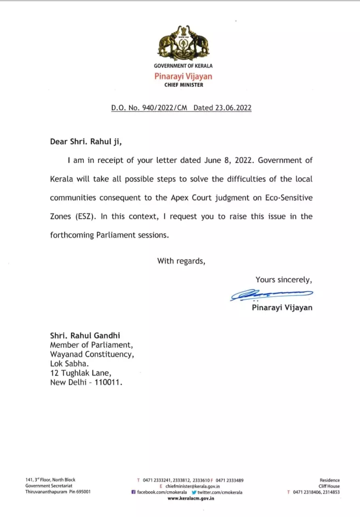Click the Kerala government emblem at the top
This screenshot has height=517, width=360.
tap(183, 43)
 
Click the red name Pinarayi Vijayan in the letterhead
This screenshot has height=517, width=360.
tap(183, 76)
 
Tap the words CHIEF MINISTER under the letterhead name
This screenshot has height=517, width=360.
tap(183, 85)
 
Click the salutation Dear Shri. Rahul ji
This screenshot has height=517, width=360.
tap(86, 141)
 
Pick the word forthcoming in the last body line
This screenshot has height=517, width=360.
tap(72, 235)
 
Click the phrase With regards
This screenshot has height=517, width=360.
tap(181, 261)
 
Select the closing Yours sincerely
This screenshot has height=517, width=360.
tap(284, 280)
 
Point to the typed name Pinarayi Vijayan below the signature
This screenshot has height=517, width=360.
tap(282, 308)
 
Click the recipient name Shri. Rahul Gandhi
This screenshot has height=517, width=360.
tap(85, 335)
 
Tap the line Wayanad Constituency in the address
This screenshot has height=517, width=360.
tap(92, 354)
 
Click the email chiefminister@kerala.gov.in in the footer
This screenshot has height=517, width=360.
tap(193, 487)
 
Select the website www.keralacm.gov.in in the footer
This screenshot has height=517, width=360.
tap(191, 498)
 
